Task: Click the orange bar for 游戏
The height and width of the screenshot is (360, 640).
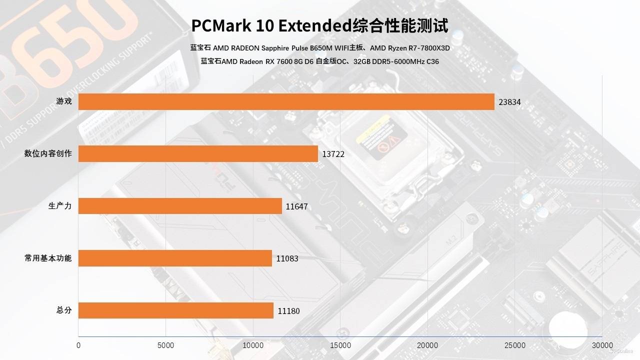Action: [286, 102]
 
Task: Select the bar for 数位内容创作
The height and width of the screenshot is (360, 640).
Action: [198, 154]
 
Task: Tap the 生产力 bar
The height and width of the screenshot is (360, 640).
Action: [180, 206]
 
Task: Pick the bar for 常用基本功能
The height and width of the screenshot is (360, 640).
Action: [175, 258]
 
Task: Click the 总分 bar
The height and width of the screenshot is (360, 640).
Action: [176, 310]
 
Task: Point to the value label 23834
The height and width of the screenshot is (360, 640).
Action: [509, 102]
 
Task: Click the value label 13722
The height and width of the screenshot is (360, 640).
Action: [333, 154]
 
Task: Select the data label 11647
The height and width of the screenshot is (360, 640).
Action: [297, 206]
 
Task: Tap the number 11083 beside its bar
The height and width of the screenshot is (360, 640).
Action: [287, 258]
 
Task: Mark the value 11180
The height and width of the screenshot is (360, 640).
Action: [288, 311]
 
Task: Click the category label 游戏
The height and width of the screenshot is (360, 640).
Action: [64, 101]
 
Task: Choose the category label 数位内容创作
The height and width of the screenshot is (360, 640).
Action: [48, 153]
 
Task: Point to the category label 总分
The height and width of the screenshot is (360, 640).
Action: [64, 310]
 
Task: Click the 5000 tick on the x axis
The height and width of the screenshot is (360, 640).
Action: [165, 345]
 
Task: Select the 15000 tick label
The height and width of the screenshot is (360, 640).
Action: [340, 345]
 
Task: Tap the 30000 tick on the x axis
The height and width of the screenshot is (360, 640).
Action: [602, 345]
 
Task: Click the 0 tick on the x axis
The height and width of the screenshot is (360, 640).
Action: [78, 345]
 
